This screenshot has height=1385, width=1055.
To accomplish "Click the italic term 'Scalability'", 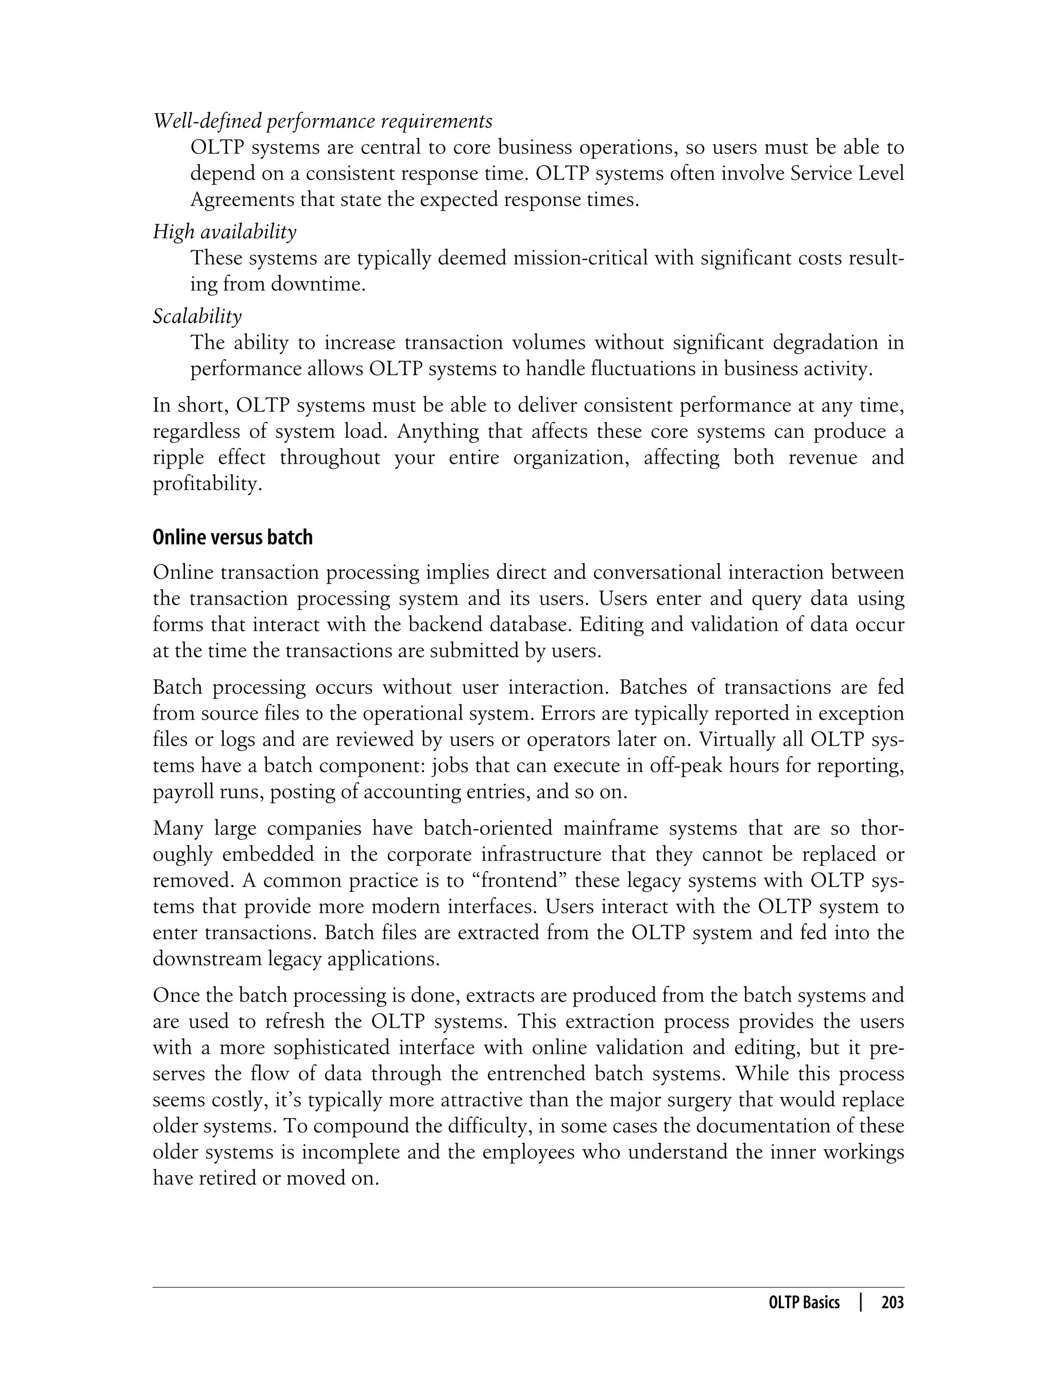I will pyautogui.click(x=197, y=316).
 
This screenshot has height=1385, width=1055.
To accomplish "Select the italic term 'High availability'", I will pyautogui.click(x=224, y=232).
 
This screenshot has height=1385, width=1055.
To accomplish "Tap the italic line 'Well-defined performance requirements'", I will pyautogui.click(x=322, y=121).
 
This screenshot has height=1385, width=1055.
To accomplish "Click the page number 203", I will pyautogui.click(x=892, y=1303).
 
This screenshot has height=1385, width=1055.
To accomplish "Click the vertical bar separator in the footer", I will pyautogui.click(x=861, y=1303).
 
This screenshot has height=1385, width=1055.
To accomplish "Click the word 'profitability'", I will pyautogui.click(x=207, y=484).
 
